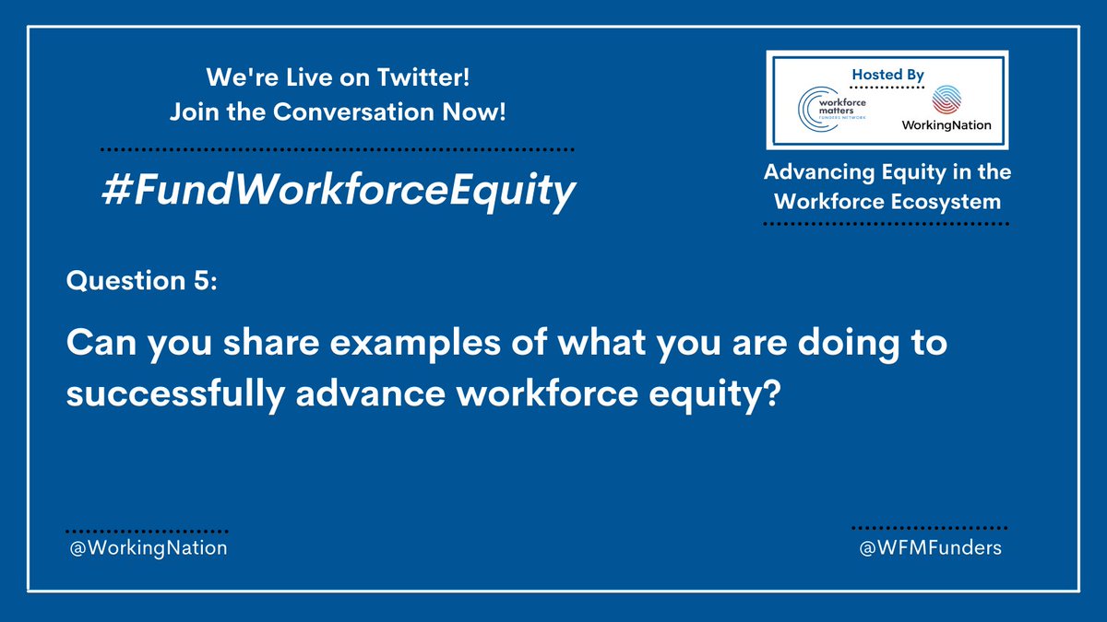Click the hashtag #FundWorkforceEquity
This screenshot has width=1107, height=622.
pos(339,191)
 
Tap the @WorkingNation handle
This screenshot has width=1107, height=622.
pos(147,547)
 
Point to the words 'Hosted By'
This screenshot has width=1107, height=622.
pos(888,74)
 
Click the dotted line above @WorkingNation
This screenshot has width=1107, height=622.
pos(147,532)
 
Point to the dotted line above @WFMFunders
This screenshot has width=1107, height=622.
pos(928,528)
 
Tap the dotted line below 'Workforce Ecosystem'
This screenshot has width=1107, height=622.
pos(887,223)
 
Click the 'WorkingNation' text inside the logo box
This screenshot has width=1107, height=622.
pos(947,124)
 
